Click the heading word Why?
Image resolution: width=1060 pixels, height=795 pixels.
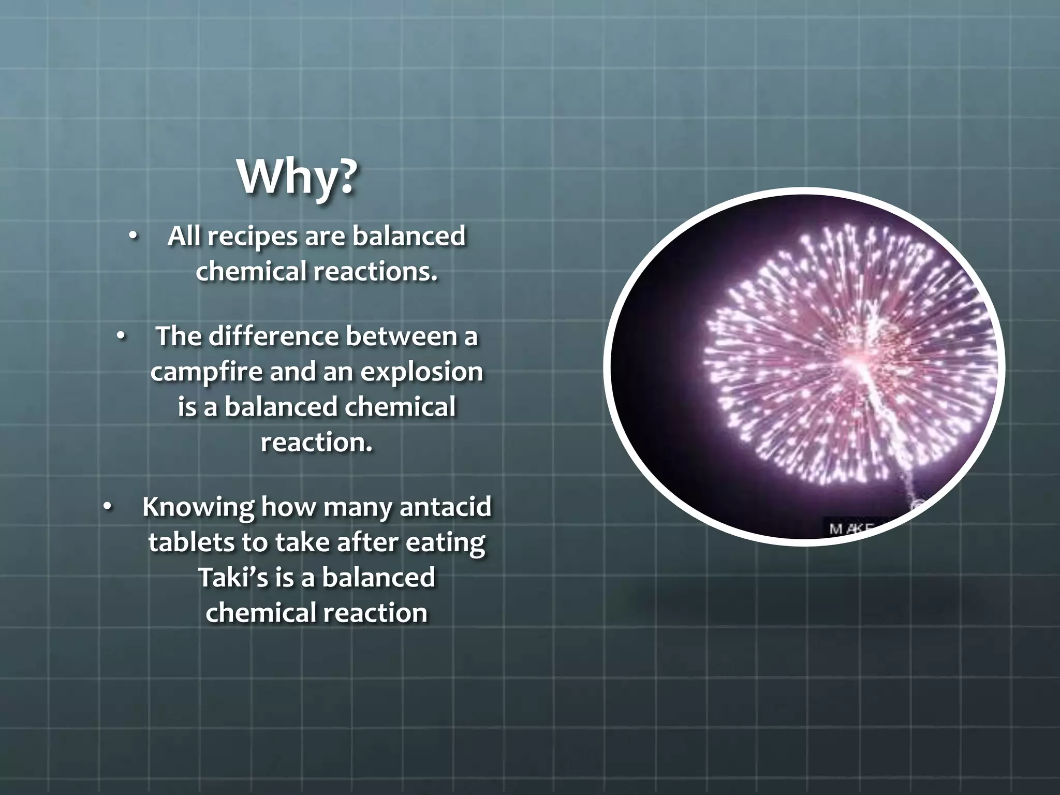click(297, 178)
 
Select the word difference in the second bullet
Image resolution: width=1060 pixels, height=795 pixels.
click(275, 336)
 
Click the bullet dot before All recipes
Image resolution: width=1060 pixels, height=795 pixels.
click(133, 237)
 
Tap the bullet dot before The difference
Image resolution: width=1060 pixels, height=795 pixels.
click(121, 337)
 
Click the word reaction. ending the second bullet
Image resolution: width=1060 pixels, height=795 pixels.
click(316, 442)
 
